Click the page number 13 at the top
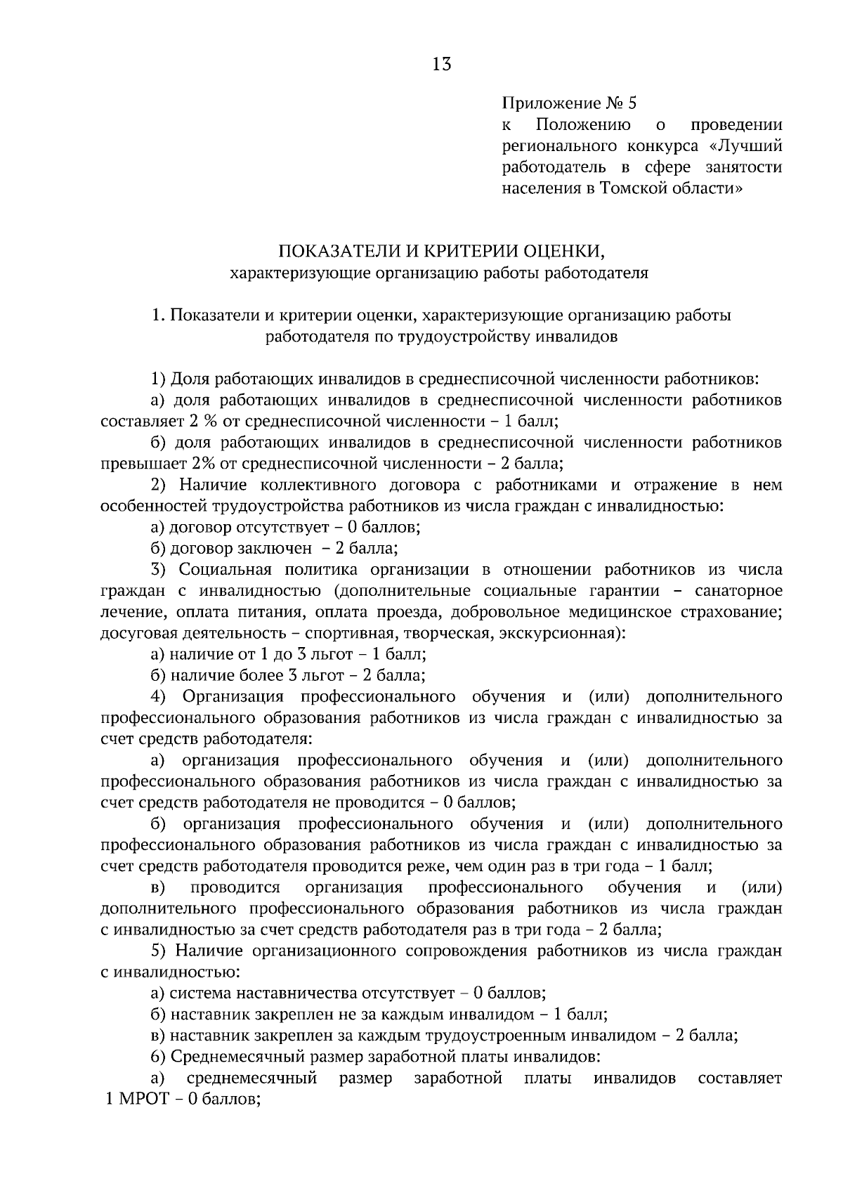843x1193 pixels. click(442, 65)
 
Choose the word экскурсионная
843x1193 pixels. click(561, 633)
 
